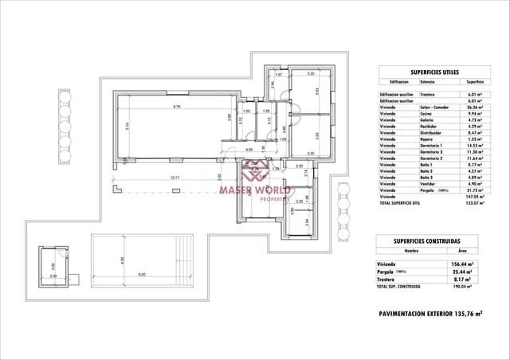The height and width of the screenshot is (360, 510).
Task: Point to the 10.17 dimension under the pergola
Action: pyautogui.click(x=175, y=178)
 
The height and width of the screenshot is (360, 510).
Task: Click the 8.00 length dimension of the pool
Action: pyautogui.click(x=141, y=275)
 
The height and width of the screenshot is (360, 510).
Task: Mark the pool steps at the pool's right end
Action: pyautogui.click(x=186, y=260)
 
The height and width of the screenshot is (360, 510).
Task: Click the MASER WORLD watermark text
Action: pyautogui.click(x=254, y=190)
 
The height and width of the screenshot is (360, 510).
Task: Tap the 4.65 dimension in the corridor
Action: pyautogui.click(x=249, y=149)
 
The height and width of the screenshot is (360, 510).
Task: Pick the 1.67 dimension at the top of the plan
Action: pyautogui.click(x=278, y=74)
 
